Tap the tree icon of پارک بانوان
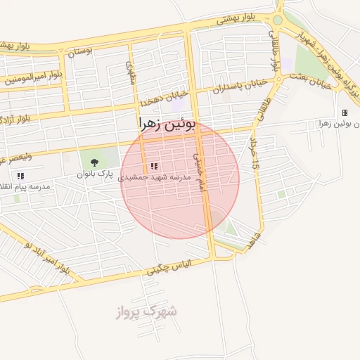pyautogui.click(x=94, y=162)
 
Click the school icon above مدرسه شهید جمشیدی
pyautogui.click(x=153, y=166)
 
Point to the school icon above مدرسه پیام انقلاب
pyautogui.click(x=20, y=176)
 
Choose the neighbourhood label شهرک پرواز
pyautogui.click(x=146, y=311)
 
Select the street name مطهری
pyautogui.click(x=130, y=72)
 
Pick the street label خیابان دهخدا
pyautogui.click(x=163, y=99)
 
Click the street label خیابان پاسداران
pyautogui.click(x=242, y=86)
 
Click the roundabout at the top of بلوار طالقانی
pyautogui.click(x=278, y=20)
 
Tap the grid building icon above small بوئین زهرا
pyautogui.click(x=345, y=112)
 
